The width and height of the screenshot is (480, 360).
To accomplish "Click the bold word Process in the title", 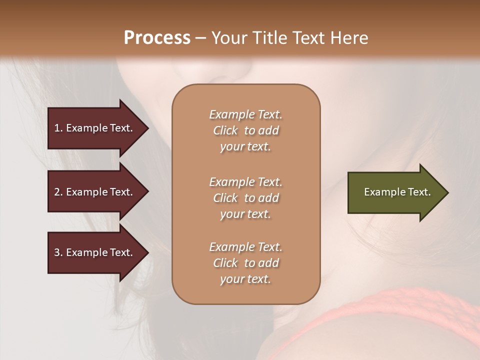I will pos(157,38).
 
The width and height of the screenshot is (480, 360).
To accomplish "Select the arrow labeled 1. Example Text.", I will pos(95,128).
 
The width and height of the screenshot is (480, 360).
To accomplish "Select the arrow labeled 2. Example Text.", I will pos(95,192).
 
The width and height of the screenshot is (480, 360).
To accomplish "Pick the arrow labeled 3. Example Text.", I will pos(95,252).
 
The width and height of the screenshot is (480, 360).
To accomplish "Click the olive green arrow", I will pos(395,192).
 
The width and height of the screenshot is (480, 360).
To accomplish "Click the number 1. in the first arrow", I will pos(58,128).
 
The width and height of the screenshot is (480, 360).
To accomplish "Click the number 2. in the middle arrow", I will pos(58,192).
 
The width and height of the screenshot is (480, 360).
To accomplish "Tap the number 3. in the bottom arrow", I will pos(58,252).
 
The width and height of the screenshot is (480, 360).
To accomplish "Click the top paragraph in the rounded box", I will pos(245,130).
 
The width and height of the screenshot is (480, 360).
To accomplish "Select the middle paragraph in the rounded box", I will pos(245,198).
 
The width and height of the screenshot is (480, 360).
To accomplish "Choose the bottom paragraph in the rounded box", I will pos(245,263).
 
